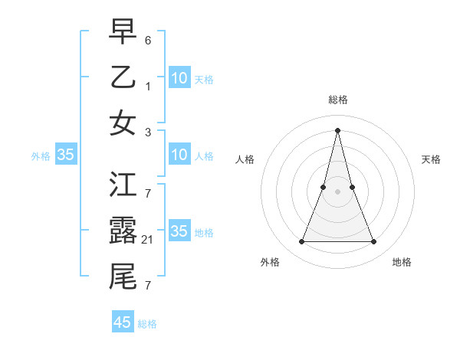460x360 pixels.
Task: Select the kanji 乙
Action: tap(123, 77)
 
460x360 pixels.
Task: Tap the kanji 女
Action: tap(123, 123)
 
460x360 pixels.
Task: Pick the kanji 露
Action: tap(123, 231)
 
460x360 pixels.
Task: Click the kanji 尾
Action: tap(123, 277)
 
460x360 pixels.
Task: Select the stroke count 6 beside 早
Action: tap(148, 39)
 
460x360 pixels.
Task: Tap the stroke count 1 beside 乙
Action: tap(148, 87)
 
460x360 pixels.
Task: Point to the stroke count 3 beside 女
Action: tap(148, 133)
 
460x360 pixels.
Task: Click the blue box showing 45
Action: tap(123, 322)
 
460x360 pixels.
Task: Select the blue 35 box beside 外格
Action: tap(65, 155)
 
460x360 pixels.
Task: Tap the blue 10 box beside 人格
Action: tap(179, 155)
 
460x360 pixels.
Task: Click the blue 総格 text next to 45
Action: tap(147, 324)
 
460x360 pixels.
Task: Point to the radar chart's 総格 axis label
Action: tap(337, 100)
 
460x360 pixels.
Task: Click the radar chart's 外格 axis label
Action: tap(270, 262)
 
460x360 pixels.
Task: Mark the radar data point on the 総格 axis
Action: tap(337, 130)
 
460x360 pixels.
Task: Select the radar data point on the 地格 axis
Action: tap(374, 242)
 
